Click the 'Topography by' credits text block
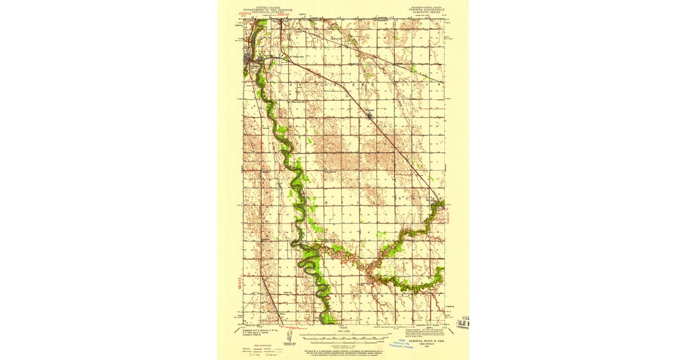[x=251, y=334]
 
